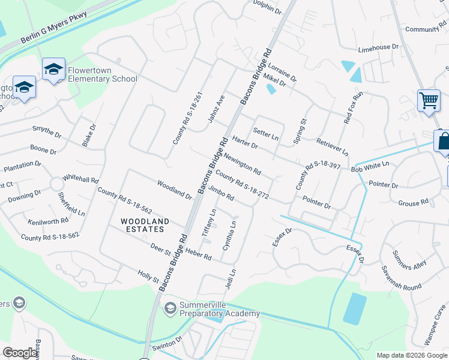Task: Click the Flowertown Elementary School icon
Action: click(53, 70)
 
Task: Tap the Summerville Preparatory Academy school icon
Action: click(170, 308)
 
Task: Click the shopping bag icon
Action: click(443, 142)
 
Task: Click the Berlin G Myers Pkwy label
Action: click(54, 28)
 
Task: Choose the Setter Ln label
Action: click(266, 133)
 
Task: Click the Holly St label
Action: click(148, 277)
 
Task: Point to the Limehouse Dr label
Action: click(378, 47)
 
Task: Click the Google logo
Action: click(20, 353)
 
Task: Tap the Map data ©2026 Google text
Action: click(411, 355)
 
